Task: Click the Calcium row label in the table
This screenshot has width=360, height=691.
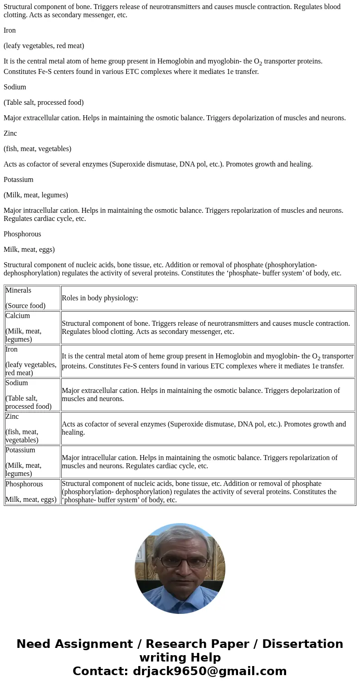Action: (x=18, y=316)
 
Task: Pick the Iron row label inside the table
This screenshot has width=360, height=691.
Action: (x=11, y=349)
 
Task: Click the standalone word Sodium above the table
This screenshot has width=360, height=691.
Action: (x=15, y=87)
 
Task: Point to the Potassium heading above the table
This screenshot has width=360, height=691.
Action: (x=19, y=180)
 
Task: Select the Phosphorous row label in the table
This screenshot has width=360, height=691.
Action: (x=24, y=484)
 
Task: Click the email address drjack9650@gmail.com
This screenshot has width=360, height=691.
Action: (x=209, y=671)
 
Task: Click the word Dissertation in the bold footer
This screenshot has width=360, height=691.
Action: (x=302, y=644)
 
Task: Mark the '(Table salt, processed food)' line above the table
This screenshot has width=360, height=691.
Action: (x=44, y=103)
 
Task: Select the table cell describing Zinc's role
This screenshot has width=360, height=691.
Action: (x=208, y=428)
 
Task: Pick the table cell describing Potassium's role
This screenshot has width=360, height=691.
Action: (x=208, y=462)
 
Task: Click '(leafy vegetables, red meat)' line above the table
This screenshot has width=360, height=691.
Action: (x=44, y=46)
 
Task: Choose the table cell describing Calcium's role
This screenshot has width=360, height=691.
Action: (x=208, y=328)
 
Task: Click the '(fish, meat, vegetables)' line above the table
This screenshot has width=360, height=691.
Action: (x=37, y=149)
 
